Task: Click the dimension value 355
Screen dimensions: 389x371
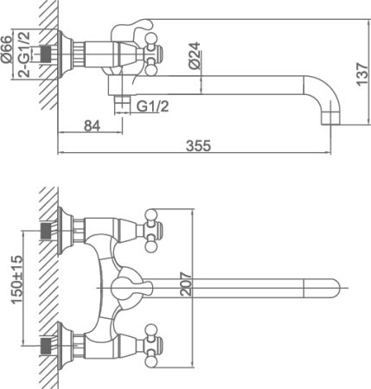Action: click(x=198, y=146)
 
